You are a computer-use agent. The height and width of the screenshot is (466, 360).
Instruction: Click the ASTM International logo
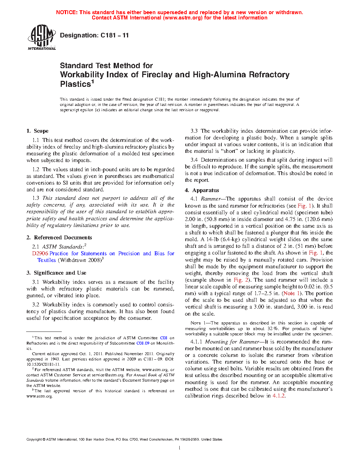click(x=41, y=37)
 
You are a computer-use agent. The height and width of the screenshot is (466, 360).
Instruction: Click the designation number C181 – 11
click(x=115, y=35)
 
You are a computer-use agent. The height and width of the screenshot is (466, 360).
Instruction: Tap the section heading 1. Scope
click(x=37, y=131)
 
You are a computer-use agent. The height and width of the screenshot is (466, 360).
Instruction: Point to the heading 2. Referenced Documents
click(x=59, y=238)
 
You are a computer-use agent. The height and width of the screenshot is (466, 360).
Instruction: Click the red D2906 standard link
click(x=40, y=253)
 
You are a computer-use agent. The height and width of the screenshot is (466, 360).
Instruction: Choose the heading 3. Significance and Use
click(x=56, y=273)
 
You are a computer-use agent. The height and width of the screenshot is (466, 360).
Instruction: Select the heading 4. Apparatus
click(x=202, y=190)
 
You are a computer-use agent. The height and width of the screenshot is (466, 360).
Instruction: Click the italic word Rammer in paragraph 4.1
click(x=211, y=199)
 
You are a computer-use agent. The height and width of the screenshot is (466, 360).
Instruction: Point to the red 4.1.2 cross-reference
click(x=278, y=396)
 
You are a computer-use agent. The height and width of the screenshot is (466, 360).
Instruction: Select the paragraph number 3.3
click(x=194, y=131)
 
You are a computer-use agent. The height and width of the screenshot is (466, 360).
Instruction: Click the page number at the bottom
click(x=180, y=448)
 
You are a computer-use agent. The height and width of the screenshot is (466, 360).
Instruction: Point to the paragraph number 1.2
click(x=36, y=169)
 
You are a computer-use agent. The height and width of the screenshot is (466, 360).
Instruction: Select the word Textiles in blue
click(x=47, y=260)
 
